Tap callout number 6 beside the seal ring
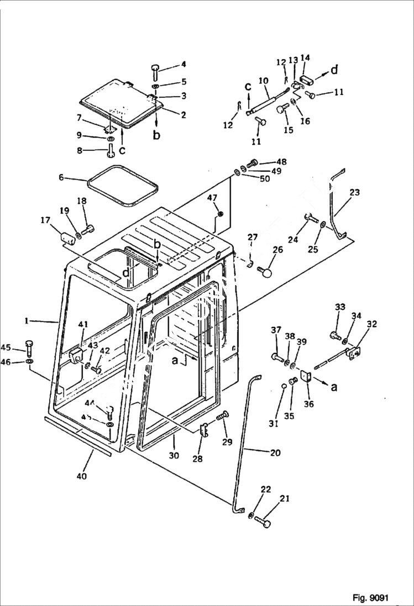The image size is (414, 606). coord(61,177)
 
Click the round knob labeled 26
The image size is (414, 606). coord(267,272)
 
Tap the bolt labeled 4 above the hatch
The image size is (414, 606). coord(154,71)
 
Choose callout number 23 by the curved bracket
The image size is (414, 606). coord(354,193)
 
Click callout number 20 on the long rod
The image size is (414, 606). coord(275,453)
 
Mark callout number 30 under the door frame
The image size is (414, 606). coord(174,456)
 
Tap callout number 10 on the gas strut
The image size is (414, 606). coord(264,81)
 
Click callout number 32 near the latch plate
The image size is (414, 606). coord(371,324)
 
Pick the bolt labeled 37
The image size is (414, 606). coord(277,357)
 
